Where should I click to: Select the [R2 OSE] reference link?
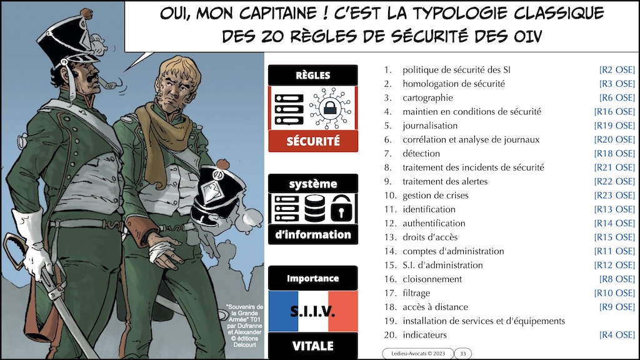click(617, 70)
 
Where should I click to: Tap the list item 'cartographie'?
click(427, 98)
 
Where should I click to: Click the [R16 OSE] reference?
click(614, 112)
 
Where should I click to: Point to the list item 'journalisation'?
click(431, 126)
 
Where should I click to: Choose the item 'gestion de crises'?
click(435, 196)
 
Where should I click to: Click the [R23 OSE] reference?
click(614, 196)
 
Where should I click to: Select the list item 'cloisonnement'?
click(432, 279)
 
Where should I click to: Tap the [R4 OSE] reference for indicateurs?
click(617, 336)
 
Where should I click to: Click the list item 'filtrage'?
click(416, 293)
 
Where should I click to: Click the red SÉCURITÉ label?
click(312, 141)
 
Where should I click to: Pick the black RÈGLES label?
click(312, 76)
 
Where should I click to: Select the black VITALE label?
click(312, 346)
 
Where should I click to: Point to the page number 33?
click(463, 354)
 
